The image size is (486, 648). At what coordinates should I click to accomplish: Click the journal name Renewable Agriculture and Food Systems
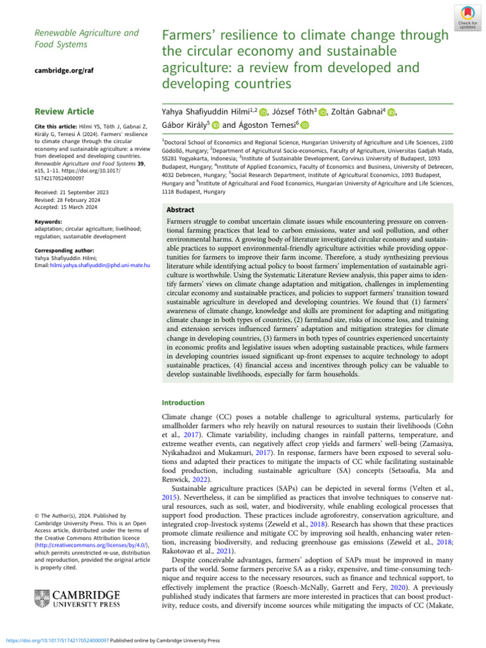[77, 39]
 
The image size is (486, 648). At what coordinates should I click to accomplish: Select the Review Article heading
[65, 111]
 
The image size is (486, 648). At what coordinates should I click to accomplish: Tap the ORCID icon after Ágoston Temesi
[305, 126]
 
